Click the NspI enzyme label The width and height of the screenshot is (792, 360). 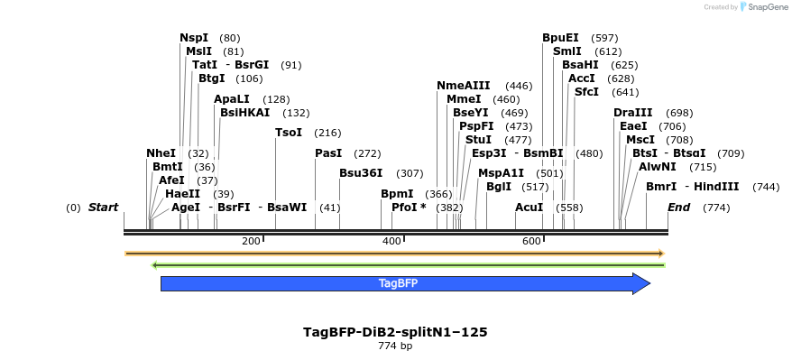(x=194, y=38)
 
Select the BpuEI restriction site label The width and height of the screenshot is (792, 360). (x=560, y=38)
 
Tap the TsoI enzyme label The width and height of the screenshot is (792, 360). (x=289, y=133)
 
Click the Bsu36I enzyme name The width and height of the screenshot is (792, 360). (x=361, y=173)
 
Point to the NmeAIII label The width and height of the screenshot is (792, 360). (x=464, y=85)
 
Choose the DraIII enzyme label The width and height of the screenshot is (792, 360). (x=632, y=113)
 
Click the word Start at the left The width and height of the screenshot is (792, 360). (x=103, y=208)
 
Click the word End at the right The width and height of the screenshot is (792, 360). (x=678, y=208)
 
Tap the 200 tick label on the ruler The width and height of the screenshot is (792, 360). (x=251, y=241)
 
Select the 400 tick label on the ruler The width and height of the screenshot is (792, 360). (x=391, y=241)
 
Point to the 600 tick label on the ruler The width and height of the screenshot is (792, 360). (x=531, y=241)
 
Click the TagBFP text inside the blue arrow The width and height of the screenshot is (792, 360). (x=398, y=283)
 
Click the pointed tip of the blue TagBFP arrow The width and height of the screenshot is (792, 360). (x=649, y=283)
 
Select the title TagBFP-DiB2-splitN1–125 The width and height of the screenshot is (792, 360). (x=395, y=332)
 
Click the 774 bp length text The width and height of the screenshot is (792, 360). (x=395, y=346)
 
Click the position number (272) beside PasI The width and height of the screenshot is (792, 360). (x=367, y=153)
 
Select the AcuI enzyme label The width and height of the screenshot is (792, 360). (x=530, y=208)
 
